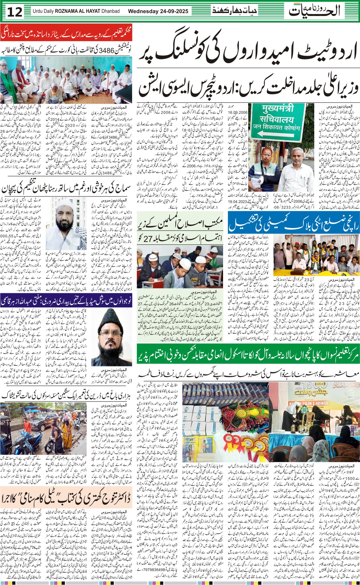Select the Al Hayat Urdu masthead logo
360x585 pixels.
click(314, 11)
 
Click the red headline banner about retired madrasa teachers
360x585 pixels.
click(66, 34)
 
